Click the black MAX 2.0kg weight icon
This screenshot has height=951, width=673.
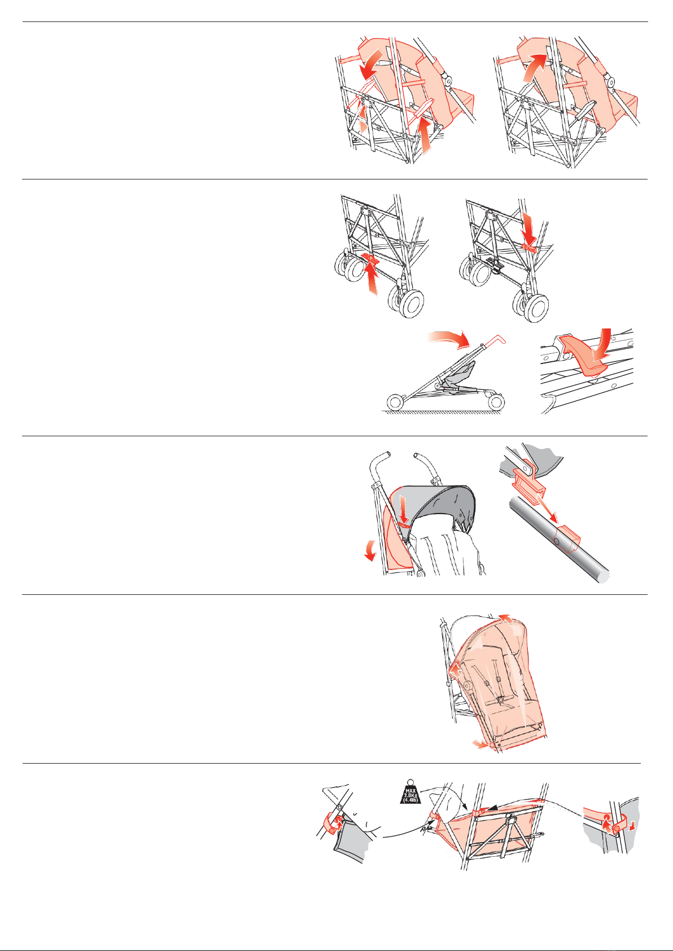click(x=410, y=792)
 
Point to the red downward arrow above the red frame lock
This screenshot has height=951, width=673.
click(x=528, y=229)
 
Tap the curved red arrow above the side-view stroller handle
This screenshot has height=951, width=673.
click(x=450, y=338)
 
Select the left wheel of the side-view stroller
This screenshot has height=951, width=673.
click(x=395, y=402)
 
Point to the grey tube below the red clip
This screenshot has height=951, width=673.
click(x=559, y=539)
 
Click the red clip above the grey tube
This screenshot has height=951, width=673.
click(x=528, y=482)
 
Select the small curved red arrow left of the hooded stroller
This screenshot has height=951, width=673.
click(x=370, y=551)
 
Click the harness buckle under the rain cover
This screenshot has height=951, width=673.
click(x=501, y=698)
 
